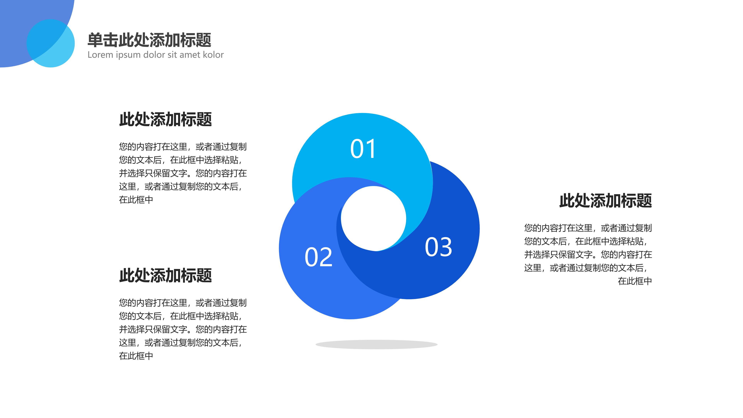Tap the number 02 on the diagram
318,257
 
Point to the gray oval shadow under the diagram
376,344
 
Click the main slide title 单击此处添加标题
149,40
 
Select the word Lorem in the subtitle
100,55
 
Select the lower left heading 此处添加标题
166,276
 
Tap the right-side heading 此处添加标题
605,201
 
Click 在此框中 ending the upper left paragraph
136,200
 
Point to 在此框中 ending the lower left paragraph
136,356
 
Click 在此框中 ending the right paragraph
635,281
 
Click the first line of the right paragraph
588,228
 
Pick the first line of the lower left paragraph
183,303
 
